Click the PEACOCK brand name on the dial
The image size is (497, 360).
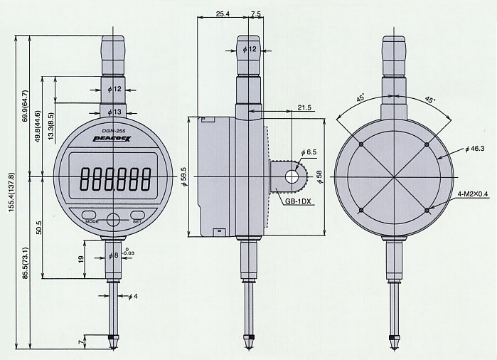click(x=112, y=139)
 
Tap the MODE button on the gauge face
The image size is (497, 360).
click(x=90, y=214)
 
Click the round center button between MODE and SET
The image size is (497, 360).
click(x=113, y=219)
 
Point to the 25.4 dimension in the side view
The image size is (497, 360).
click(x=223, y=14)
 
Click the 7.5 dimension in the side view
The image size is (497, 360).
click(x=256, y=14)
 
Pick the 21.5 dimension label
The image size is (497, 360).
click(x=304, y=107)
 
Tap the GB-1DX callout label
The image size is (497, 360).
click(x=297, y=201)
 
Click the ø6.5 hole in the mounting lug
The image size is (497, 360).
click(x=292, y=176)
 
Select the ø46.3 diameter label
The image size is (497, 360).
click(x=475, y=149)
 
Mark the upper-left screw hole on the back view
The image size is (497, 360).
click(x=361, y=144)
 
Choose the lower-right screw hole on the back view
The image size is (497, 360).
click(x=427, y=211)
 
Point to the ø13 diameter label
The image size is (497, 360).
click(x=114, y=112)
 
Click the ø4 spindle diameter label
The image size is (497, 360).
click(x=133, y=297)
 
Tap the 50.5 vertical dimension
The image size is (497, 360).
click(x=39, y=228)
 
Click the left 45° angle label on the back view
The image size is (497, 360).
click(x=360, y=97)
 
